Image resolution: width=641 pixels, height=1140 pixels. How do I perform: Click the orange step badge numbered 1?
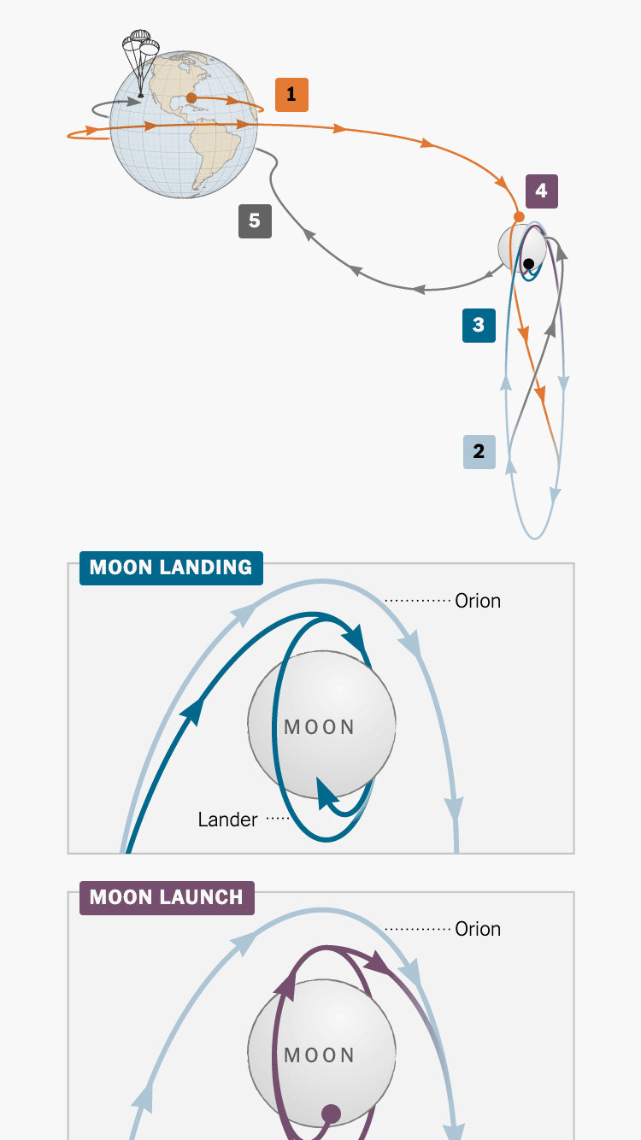click(291, 95)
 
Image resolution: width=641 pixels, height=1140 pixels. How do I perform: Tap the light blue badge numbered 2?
click(479, 451)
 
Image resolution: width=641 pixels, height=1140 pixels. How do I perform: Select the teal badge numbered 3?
click(479, 326)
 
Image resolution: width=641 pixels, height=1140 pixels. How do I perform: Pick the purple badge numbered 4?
click(541, 191)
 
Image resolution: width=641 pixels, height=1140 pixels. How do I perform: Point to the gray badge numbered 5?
click(255, 221)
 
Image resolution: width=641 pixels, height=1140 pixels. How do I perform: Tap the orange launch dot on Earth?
click(191, 98)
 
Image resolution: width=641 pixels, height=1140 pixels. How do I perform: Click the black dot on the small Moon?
click(530, 263)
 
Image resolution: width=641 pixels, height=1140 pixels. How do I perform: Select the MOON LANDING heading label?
click(171, 568)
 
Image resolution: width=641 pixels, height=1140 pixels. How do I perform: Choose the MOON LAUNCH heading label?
click(167, 897)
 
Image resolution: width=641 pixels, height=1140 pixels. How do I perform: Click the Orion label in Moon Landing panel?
click(478, 601)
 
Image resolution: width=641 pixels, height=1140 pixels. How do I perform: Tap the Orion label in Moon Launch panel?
click(478, 929)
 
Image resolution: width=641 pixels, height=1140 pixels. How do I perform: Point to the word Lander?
click(227, 820)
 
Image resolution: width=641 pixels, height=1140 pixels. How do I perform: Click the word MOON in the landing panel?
click(320, 727)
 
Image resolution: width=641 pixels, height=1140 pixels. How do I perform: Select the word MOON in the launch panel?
click(320, 1055)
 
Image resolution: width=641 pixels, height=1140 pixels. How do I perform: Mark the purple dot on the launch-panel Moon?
click(331, 1114)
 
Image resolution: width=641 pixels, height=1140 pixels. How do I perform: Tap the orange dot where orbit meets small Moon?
click(518, 217)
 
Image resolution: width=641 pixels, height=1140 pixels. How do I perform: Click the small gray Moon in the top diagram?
click(513, 246)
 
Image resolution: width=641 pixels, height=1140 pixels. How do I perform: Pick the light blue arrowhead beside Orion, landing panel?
click(415, 643)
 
